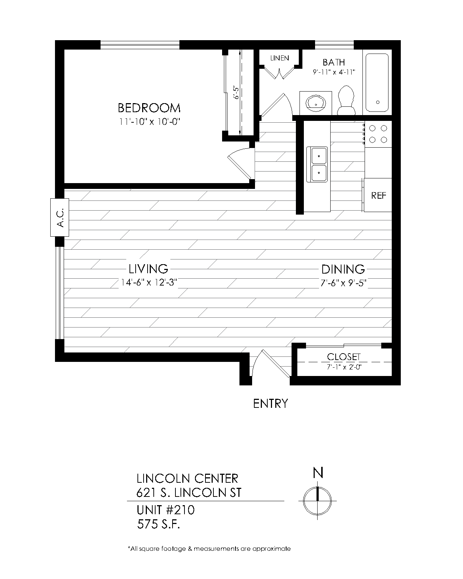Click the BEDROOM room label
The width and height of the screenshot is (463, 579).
149,108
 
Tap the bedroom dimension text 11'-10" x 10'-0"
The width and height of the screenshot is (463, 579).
149,122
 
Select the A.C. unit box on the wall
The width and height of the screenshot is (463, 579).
59,217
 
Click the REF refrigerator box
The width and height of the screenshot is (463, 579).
378,195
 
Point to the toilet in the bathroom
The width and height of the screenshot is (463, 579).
346,100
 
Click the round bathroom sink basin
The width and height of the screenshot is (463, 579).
315,103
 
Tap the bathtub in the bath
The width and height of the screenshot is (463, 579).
377,83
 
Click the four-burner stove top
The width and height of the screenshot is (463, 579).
378,134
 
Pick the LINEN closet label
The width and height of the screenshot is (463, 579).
280,58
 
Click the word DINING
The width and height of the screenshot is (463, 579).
343,269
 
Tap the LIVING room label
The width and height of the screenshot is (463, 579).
148,269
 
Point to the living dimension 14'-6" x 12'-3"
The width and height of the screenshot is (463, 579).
149,283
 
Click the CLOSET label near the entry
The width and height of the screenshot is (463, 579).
344,357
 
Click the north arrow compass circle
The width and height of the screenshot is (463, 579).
318,501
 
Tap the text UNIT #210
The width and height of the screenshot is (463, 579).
165,510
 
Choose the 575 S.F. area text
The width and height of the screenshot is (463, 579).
158,524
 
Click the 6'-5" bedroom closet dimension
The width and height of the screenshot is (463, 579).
236,92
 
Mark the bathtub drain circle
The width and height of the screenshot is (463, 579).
378,102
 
